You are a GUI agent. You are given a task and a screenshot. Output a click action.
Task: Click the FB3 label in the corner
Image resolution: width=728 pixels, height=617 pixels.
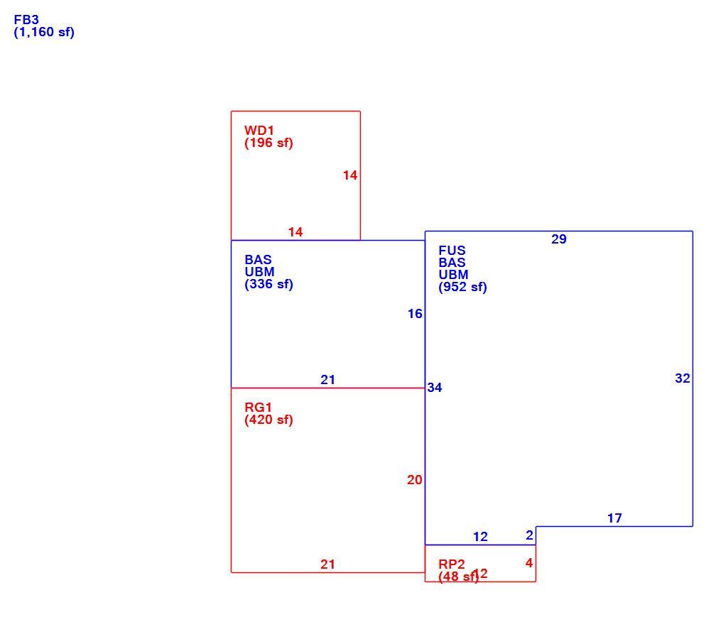coord(26,20)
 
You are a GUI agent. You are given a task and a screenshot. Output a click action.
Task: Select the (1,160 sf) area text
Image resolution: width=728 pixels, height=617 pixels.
coord(44,33)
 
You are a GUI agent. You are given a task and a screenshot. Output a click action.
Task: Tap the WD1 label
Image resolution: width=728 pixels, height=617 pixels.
coord(259,131)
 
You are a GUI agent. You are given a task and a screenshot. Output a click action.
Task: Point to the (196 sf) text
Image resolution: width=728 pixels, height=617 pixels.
coord(268,143)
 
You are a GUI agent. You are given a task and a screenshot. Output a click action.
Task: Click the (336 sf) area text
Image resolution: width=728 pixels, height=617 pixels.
coord(268,284)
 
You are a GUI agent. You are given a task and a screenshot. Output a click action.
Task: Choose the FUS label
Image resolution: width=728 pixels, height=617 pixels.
coord(452,251)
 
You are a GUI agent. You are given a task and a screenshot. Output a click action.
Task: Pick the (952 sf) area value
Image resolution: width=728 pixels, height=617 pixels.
coord(463,288)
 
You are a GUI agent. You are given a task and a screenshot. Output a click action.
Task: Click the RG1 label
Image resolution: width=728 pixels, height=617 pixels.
coord(258,408)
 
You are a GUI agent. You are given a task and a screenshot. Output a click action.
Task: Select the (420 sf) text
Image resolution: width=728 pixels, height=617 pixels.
coord(268,420)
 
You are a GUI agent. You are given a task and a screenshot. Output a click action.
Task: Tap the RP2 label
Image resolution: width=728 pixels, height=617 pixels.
coord(452,564)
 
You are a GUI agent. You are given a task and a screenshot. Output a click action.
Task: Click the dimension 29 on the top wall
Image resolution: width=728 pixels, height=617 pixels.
coord(559,239)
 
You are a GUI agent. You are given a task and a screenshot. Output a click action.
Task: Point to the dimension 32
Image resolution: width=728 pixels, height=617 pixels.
coord(683,378)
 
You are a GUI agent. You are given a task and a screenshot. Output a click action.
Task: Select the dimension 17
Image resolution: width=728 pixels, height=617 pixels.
coord(614,518)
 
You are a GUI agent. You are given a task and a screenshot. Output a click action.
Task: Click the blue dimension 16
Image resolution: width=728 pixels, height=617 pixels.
coord(415,314)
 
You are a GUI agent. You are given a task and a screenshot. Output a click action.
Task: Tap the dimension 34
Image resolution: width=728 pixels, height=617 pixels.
coord(435,388)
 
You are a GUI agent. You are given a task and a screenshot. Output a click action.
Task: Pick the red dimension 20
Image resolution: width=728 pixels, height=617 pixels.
coord(415,480)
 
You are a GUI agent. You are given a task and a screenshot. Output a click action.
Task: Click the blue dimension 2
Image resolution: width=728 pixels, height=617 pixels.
coord(530,535)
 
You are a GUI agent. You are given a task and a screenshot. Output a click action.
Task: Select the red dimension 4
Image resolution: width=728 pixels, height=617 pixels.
coord(529,563)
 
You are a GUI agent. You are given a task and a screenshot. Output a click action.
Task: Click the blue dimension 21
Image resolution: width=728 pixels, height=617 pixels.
coord(328,380)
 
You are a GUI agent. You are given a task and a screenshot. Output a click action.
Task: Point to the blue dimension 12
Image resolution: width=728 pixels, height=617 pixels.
coord(481,537)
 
